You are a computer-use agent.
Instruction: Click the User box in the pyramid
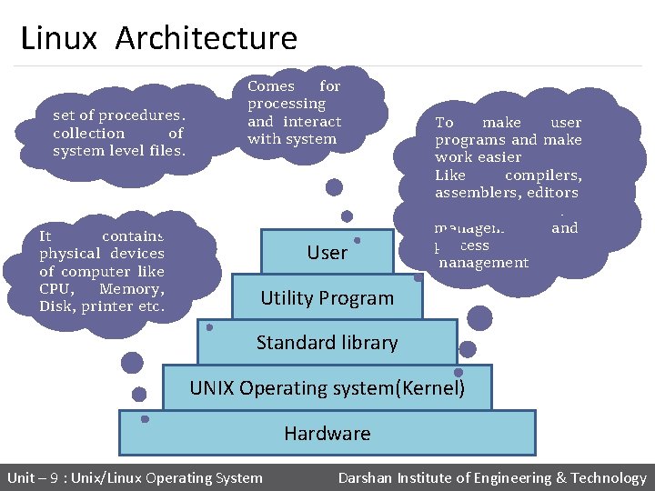327,253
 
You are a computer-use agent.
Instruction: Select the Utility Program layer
327,298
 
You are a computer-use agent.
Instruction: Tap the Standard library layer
327,343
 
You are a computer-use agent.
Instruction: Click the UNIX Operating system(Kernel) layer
327,388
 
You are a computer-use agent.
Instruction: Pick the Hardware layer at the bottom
327,434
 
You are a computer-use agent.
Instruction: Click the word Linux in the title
58,38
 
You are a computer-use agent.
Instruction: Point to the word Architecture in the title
207,38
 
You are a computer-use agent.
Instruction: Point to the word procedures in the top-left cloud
143,115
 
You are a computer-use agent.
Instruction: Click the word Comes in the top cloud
271,86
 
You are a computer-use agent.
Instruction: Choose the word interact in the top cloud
312,122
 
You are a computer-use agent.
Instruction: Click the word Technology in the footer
608,478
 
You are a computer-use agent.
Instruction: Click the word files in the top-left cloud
167,150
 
